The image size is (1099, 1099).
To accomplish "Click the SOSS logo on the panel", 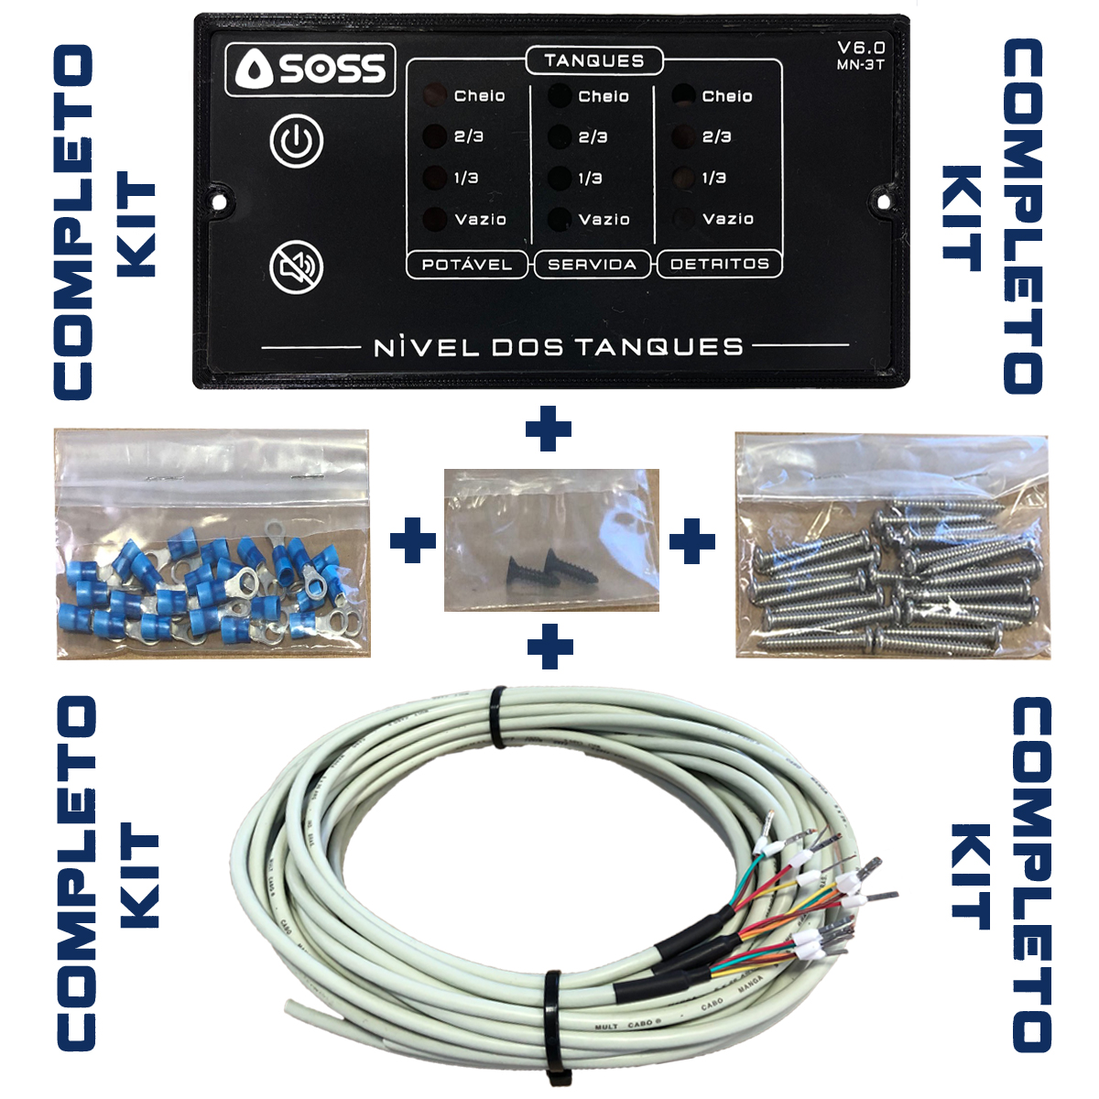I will (x=310, y=70).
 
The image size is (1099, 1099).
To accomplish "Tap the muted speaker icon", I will (x=297, y=267).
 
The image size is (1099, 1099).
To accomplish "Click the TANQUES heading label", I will (x=593, y=61).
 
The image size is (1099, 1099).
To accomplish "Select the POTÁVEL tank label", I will (x=467, y=265).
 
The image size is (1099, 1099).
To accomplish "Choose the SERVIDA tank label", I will (x=592, y=265).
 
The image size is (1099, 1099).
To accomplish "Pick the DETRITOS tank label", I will (x=720, y=264).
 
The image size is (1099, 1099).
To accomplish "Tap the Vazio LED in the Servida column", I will (x=559, y=220).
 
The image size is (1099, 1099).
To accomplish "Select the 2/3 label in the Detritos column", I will (x=716, y=136).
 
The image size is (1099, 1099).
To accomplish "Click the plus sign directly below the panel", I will (x=549, y=430).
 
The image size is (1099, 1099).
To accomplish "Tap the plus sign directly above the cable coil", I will (x=550, y=647).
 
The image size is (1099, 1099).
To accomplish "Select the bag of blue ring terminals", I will (x=212, y=543).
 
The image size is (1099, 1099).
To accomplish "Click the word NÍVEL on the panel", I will (x=427, y=347).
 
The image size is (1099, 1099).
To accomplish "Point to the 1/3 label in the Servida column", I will (x=591, y=179).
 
